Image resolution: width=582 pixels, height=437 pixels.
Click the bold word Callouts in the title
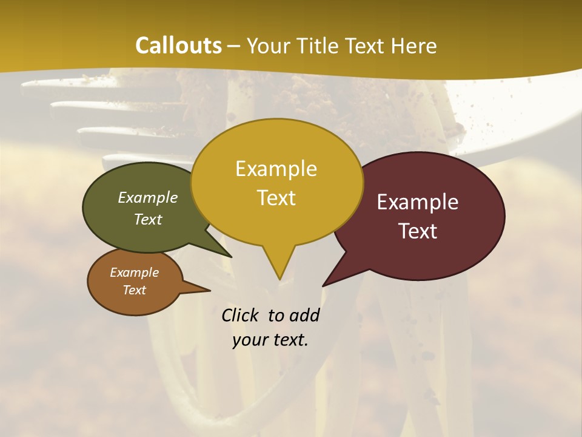pyautogui.click(x=178, y=46)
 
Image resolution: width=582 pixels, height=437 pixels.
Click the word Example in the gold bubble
pyautogui.click(x=276, y=169)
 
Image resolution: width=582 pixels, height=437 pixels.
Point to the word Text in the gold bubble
pyautogui.click(x=276, y=198)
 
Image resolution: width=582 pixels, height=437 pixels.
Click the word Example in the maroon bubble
pyautogui.click(x=418, y=202)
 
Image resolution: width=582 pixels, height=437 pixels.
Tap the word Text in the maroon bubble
pyautogui.click(x=418, y=231)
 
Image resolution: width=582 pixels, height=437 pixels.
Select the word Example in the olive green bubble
pyautogui.click(x=148, y=198)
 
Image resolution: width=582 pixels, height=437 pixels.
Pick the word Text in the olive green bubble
pyautogui.click(x=148, y=219)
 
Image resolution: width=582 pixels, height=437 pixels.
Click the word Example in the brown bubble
pyautogui.click(x=134, y=273)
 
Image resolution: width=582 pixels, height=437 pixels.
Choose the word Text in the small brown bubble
pyautogui.click(x=134, y=290)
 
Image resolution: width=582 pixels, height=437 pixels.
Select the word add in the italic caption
pyautogui.click(x=304, y=315)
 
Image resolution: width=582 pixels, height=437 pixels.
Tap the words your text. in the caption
pyautogui.click(x=270, y=340)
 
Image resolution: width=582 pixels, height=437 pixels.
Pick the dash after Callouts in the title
pyautogui.click(x=234, y=46)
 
